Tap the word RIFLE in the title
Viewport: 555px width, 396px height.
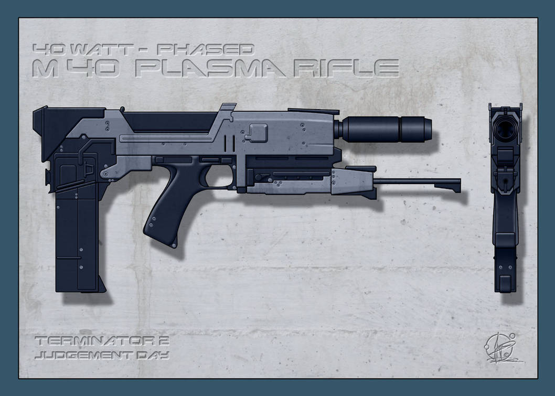(347, 68)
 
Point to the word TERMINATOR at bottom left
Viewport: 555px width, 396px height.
(92, 341)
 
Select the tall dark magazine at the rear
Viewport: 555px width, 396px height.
(76, 236)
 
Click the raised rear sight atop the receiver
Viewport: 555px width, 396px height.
(227, 110)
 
